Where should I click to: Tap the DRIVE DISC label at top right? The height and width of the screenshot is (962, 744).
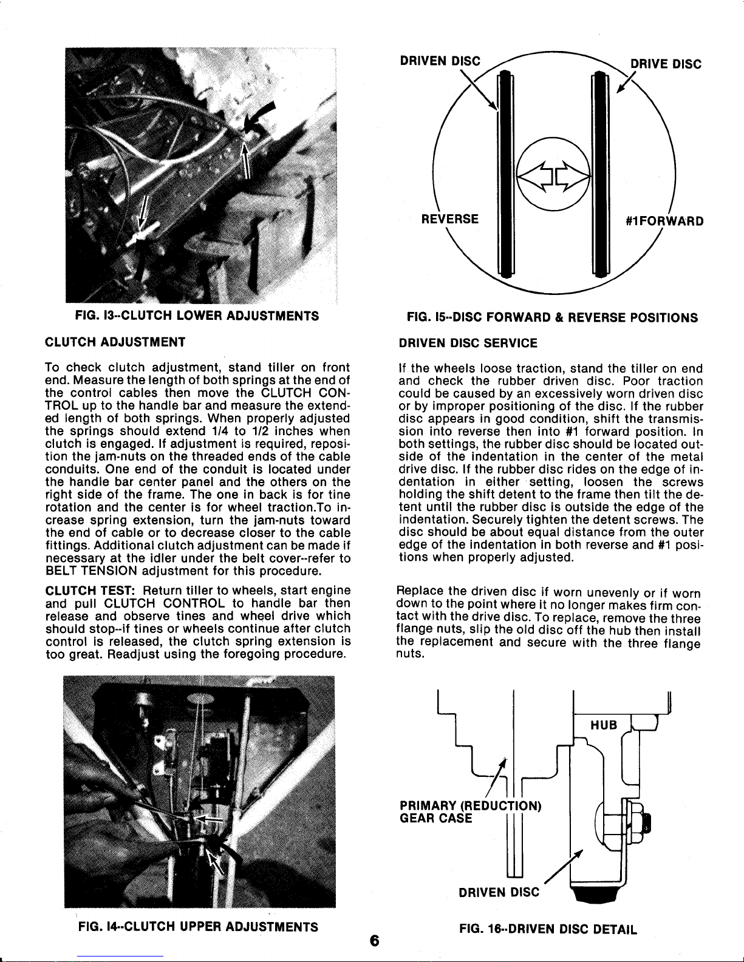tap(665, 64)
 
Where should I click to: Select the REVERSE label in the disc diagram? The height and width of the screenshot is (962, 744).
tap(451, 219)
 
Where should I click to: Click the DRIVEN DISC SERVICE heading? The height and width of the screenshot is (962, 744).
tap(468, 343)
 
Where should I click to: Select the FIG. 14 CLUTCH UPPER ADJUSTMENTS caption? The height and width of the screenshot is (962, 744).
tap(198, 927)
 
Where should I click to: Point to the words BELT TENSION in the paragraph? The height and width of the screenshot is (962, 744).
tap(83, 571)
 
